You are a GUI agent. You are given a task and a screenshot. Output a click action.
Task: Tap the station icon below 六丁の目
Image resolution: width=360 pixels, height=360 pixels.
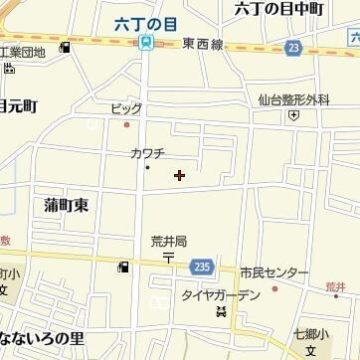(x=146, y=43)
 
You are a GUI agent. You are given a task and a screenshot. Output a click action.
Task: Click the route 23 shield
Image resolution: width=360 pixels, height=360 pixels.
(x=291, y=47)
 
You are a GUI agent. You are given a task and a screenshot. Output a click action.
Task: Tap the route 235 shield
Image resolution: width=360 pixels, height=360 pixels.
(x=201, y=266)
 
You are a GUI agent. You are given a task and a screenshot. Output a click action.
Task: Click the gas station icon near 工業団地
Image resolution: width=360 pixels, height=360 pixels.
(x=65, y=47)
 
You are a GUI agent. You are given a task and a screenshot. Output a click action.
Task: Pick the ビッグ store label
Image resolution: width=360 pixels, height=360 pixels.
(x=126, y=109)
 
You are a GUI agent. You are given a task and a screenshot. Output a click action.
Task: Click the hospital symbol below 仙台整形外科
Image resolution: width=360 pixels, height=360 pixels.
(x=293, y=115)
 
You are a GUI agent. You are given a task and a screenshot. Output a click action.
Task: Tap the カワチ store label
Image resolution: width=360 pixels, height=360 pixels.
(x=146, y=153)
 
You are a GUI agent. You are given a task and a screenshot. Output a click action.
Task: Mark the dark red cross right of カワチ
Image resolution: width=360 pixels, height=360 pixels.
(x=179, y=175)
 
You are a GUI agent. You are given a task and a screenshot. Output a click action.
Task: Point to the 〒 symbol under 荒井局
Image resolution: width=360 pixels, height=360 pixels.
(x=168, y=256)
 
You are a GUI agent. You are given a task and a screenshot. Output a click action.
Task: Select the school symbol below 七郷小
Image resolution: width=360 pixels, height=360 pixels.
(x=311, y=351)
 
